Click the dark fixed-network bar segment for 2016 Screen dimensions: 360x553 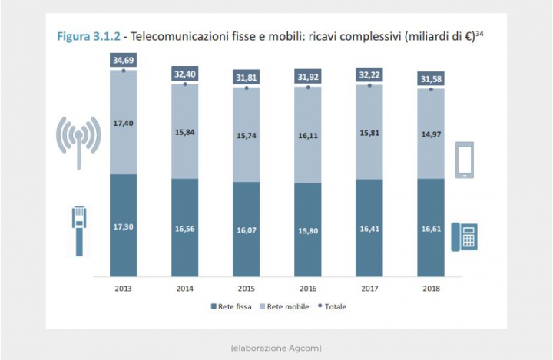308,229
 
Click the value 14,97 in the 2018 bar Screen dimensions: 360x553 431,133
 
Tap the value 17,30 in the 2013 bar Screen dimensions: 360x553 123,227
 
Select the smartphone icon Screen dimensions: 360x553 465,160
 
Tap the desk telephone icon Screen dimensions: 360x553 465,236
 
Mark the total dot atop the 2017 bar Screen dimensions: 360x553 369,85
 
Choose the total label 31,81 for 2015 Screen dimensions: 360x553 247,76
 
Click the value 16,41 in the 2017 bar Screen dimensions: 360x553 369,228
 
